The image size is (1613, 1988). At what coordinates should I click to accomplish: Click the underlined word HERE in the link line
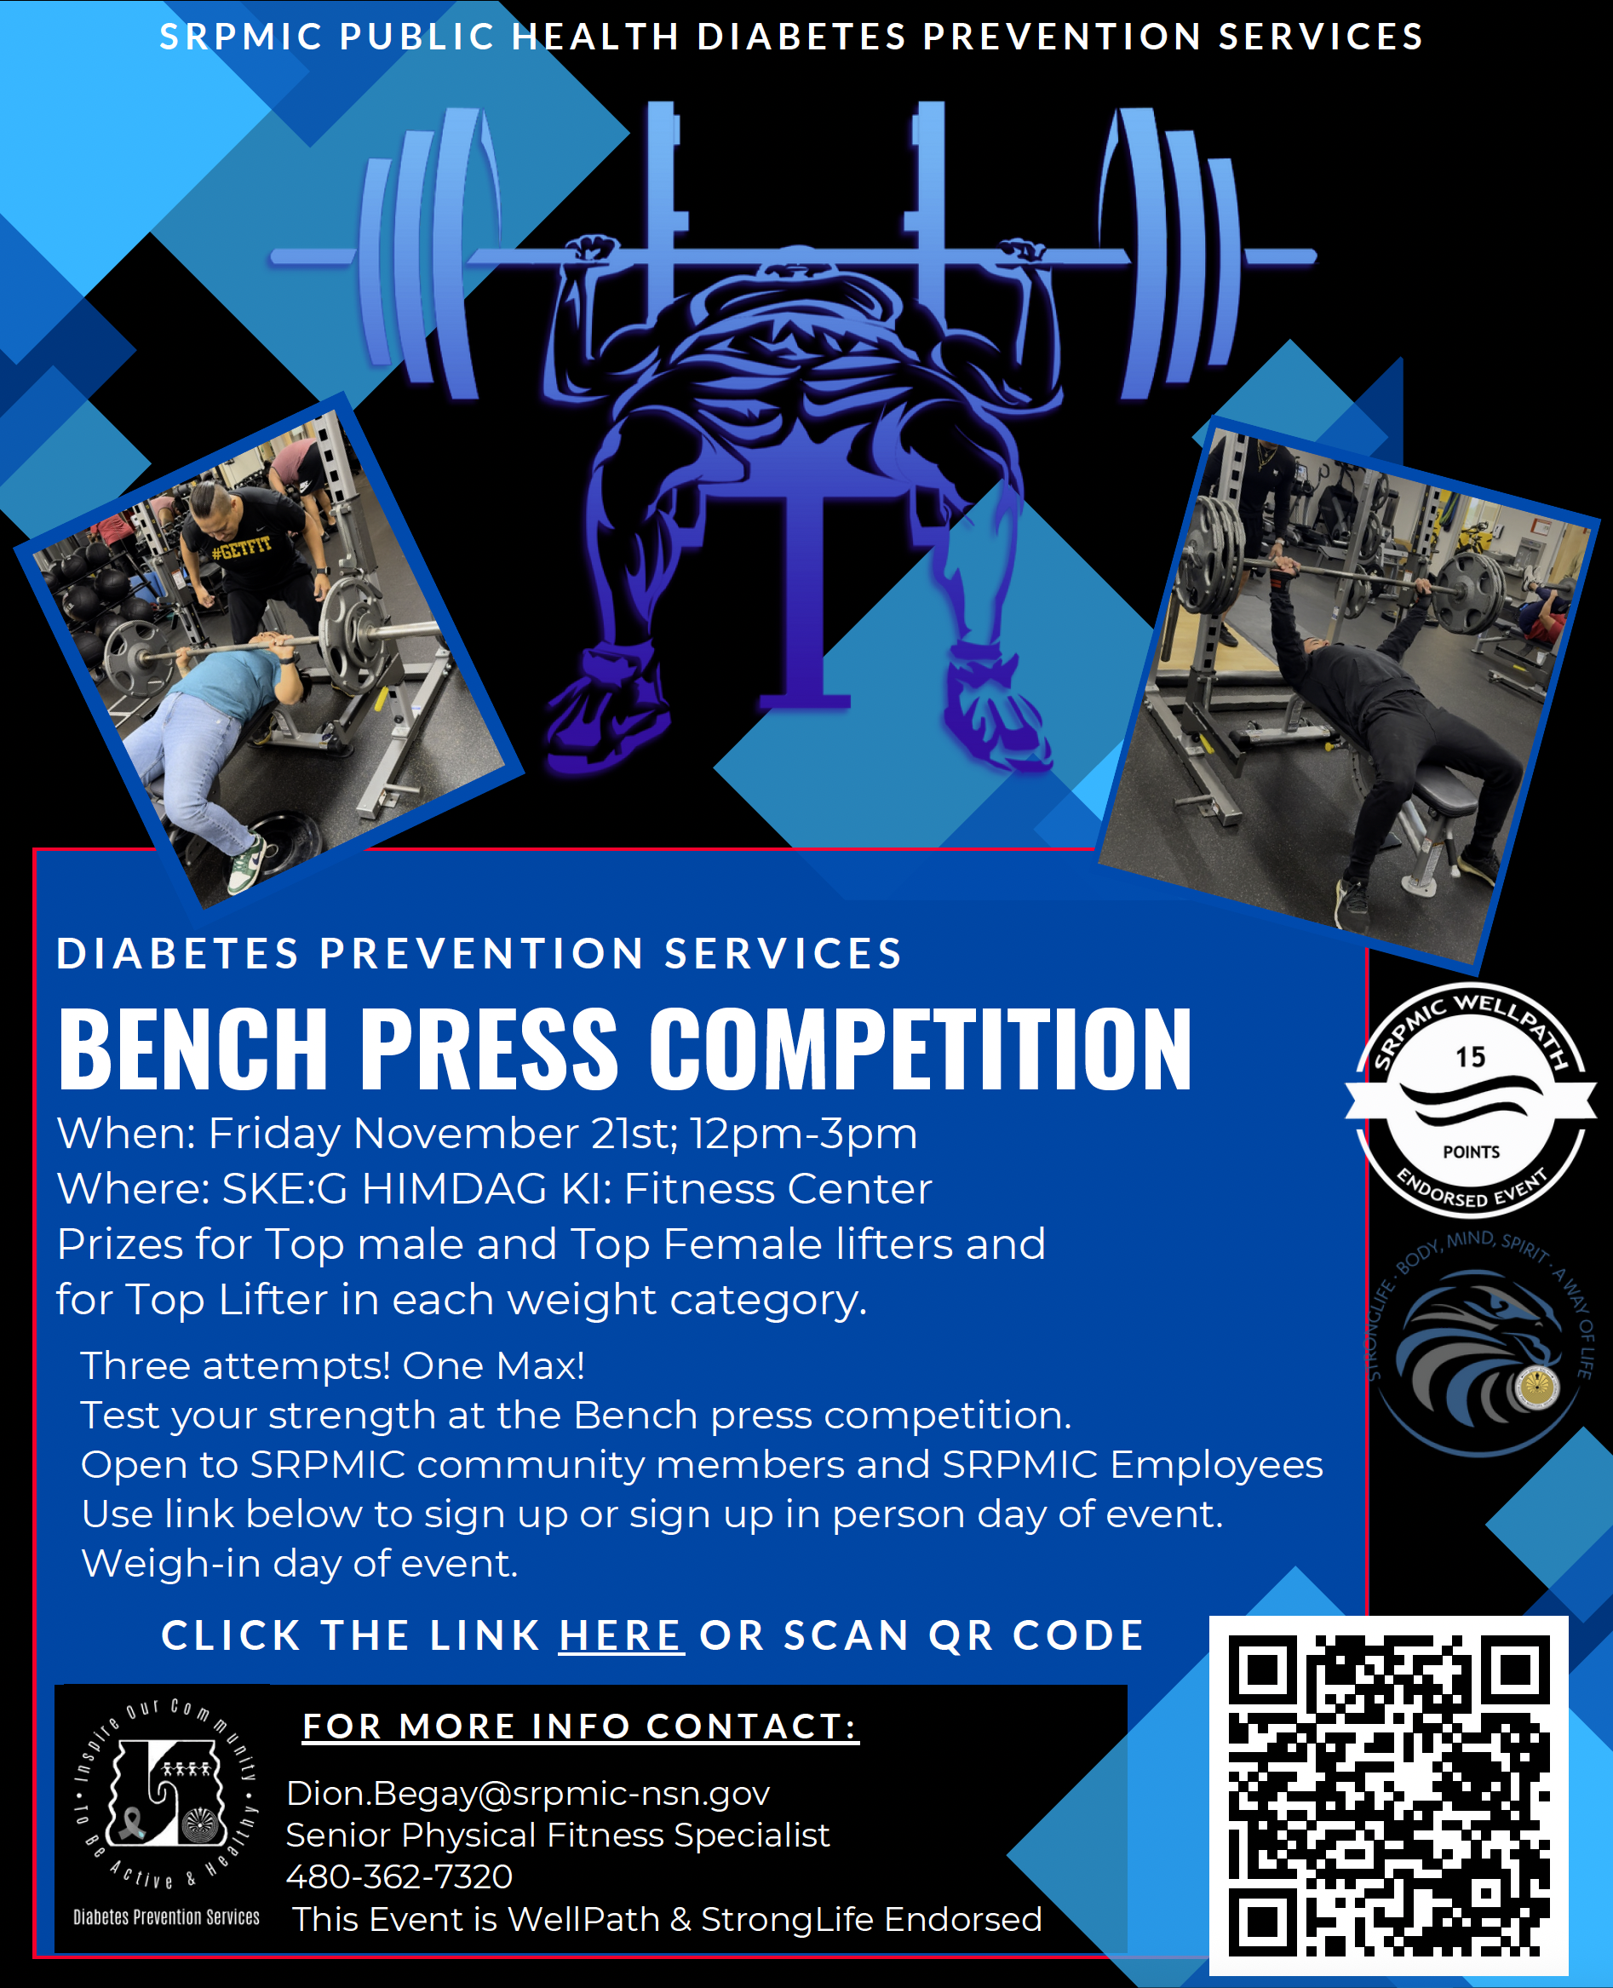[621, 1635]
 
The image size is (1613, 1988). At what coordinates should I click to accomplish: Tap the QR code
[1388, 1795]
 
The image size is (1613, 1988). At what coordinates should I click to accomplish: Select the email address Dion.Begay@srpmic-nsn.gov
[528, 1793]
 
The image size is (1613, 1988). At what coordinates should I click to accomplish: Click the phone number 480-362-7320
[399, 1876]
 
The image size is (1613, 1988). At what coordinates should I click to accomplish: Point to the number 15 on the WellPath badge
[1470, 1057]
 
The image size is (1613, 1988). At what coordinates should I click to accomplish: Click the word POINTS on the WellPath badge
[1471, 1152]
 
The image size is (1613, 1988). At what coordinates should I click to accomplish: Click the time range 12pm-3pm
[803, 1134]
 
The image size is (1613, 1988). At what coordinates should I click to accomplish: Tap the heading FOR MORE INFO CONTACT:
[581, 1726]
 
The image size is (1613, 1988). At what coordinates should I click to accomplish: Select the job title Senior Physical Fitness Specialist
[558, 1836]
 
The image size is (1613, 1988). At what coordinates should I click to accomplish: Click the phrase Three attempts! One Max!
[333, 1365]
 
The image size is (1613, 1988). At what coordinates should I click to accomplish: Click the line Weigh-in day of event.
[299, 1564]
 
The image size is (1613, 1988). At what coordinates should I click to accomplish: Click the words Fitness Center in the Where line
[778, 1189]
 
